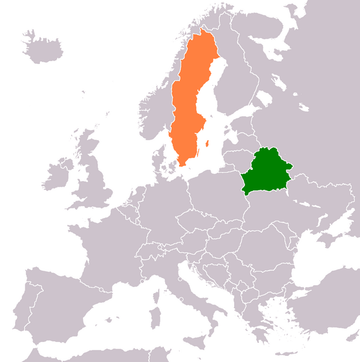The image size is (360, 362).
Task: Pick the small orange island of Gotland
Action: click(x=207, y=144)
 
